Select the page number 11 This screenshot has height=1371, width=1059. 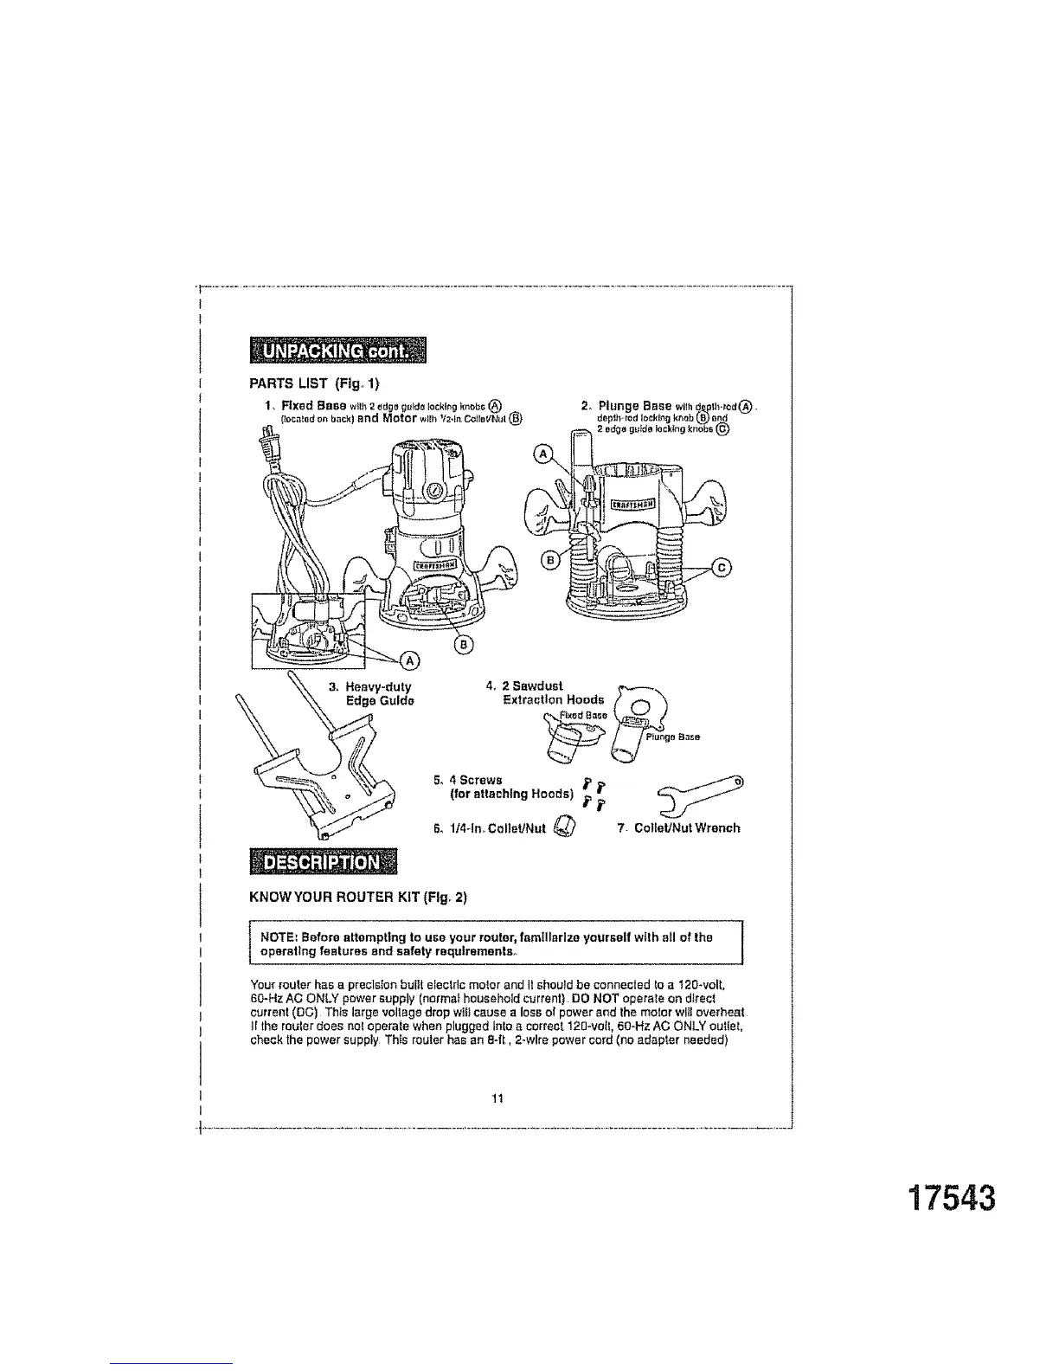pyautogui.click(x=497, y=1098)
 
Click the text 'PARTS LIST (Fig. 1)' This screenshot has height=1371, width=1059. pyautogui.click(x=314, y=383)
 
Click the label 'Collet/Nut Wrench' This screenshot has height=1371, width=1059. pyautogui.click(x=687, y=828)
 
